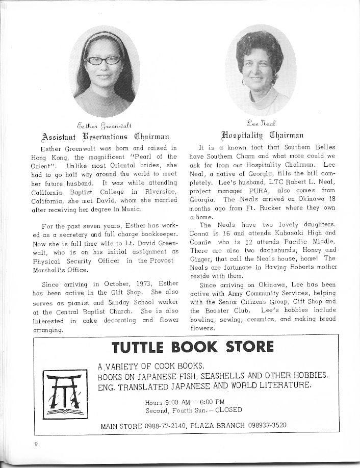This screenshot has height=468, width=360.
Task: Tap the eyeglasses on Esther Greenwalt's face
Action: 104,60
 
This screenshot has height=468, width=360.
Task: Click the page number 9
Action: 36,444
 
